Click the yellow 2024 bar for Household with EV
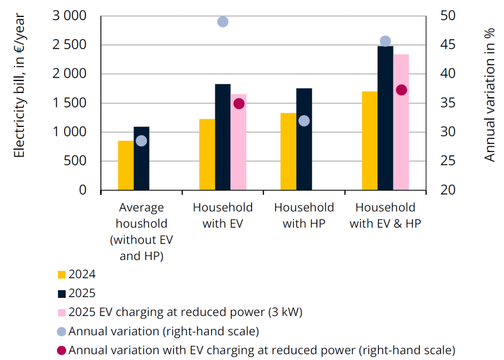pos(207,154)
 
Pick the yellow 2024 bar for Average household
pos(126,165)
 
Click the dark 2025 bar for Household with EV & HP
pos(385,118)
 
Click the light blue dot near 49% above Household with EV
pos(222,22)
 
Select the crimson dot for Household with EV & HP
pos(401,90)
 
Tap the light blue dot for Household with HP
pos(304,121)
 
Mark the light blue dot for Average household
pos(141,141)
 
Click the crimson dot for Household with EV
pos(239,104)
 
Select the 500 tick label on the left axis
pos(78,161)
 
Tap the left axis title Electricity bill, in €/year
pos(19,86)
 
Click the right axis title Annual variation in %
pos(489,94)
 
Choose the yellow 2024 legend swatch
pos(62,275)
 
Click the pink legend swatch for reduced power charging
pos(62,312)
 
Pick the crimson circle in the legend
pos(62,350)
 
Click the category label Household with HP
pos(304,215)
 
